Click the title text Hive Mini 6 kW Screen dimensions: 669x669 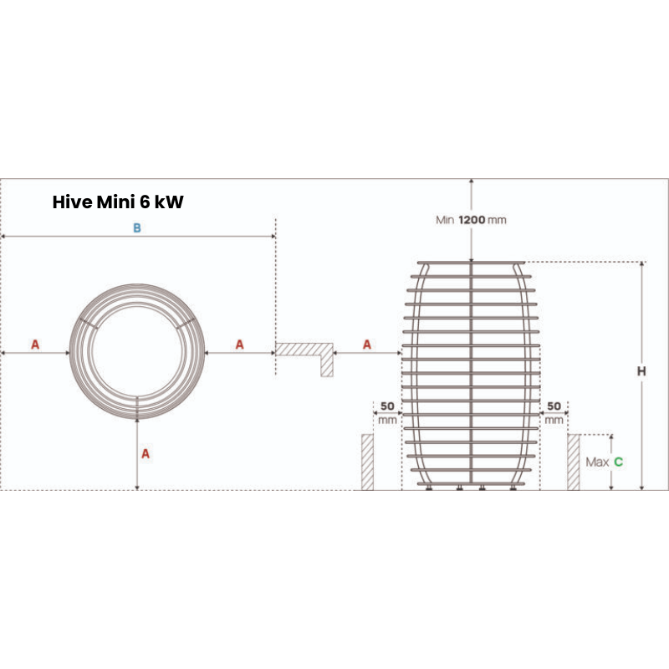[x=118, y=202]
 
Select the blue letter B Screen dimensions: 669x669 [x=137, y=229]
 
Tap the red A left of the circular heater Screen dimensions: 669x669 [x=35, y=345]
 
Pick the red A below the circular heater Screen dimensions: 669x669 [x=145, y=453]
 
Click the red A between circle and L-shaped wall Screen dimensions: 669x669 [x=240, y=345]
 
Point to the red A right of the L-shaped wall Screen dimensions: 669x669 [x=367, y=345]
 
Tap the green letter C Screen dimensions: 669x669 [x=618, y=462]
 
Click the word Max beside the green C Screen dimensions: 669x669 [x=596, y=462]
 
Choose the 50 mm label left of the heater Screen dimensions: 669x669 [x=387, y=412]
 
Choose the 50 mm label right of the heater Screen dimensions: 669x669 [x=554, y=412]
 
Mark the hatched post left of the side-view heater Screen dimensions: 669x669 [x=367, y=462]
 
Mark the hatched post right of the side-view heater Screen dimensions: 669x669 [x=574, y=462]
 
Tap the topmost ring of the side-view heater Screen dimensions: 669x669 [x=472, y=263]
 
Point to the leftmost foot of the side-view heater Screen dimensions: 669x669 [x=429, y=488]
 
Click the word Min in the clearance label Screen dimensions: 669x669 [x=444, y=220]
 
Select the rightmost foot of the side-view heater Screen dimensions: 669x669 [x=513, y=488]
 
